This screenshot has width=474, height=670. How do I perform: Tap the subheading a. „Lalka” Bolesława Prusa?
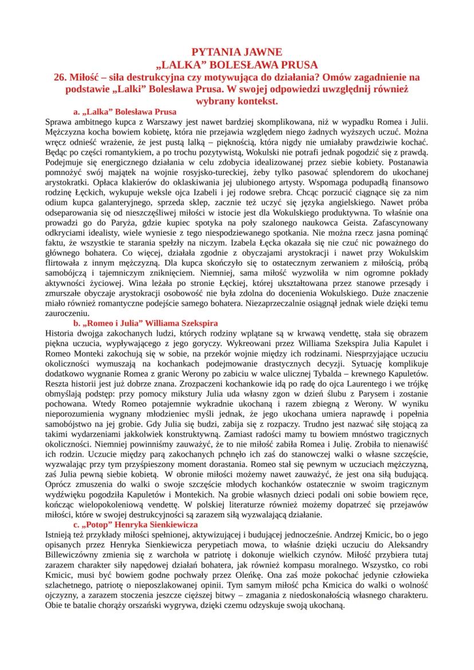coord(125,112)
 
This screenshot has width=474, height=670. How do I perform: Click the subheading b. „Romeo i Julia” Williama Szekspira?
coord(145,323)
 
